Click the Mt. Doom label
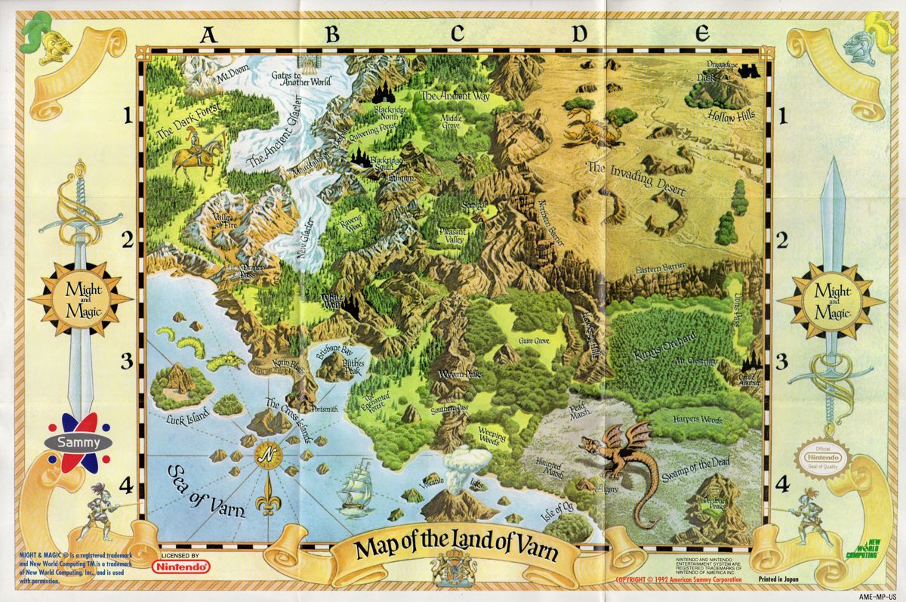coord(232,77)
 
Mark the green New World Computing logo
coord(861,550)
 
